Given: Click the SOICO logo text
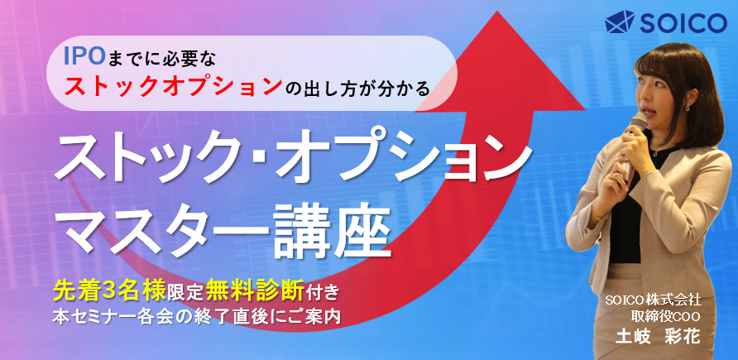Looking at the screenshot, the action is point(683,22).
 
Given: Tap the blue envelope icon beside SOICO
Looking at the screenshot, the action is point(620,22).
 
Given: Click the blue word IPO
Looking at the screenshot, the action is point(84,57).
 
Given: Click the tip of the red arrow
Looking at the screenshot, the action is point(497,12).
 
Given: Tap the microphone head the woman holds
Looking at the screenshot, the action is point(638,121).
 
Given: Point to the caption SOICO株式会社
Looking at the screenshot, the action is point(658,300).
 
